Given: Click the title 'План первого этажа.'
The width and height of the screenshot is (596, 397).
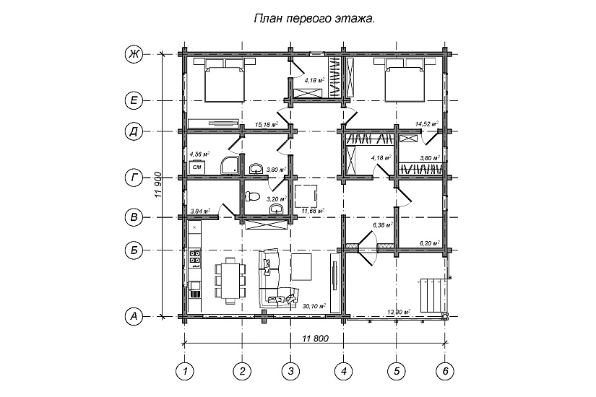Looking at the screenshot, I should click(x=314, y=20).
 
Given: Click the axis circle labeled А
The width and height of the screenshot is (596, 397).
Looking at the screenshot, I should click(x=133, y=315).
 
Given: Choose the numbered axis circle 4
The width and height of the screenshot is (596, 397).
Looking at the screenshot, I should click(x=343, y=370).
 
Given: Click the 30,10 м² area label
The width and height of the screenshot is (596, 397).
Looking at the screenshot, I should click(x=314, y=306).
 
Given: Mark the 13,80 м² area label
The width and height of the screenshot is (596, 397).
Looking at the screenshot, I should click(x=400, y=312).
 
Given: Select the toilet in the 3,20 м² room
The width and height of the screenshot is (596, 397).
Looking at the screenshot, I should click(x=251, y=196).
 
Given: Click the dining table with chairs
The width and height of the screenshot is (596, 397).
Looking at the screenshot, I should click(x=229, y=280).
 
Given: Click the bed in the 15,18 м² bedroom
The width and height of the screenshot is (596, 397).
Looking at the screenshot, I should click(x=225, y=81).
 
